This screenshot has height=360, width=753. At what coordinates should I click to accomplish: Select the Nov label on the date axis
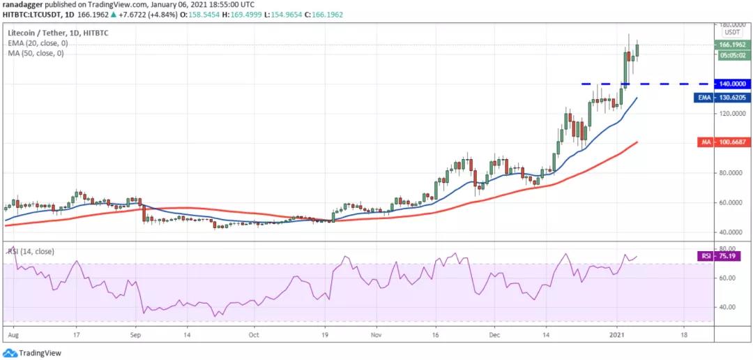coord(376,335)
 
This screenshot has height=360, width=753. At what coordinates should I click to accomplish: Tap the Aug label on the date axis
coord(12,335)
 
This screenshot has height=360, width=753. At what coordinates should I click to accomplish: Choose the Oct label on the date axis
coord(254,335)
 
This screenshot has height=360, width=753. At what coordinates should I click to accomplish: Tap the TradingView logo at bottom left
coord(34,352)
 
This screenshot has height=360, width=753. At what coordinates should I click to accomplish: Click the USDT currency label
coord(732,32)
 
